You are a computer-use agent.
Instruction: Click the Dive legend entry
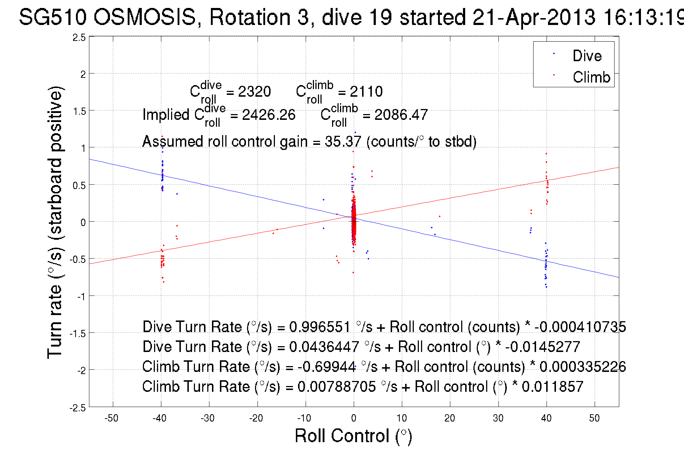coord(587,56)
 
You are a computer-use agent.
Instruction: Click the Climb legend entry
coord(591,77)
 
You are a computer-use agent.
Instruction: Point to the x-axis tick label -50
coord(111,418)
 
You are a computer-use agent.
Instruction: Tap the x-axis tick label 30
coord(498,418)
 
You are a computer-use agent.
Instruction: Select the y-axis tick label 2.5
coord(79,38)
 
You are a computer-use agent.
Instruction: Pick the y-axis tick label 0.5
coord(79,186)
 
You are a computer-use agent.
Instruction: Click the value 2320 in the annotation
coord(255,92)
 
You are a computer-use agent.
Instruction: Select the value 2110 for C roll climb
coord(366,92)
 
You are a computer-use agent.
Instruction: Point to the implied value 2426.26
coord(269,115)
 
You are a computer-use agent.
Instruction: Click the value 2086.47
coord(401,115)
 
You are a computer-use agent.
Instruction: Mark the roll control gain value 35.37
coord(343,142)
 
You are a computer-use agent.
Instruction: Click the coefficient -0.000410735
coord(580,327)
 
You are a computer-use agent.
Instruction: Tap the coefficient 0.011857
coord(552,387)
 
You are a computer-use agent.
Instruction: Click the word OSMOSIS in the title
coord(145,17)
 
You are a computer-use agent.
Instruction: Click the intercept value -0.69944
coord(327,367)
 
